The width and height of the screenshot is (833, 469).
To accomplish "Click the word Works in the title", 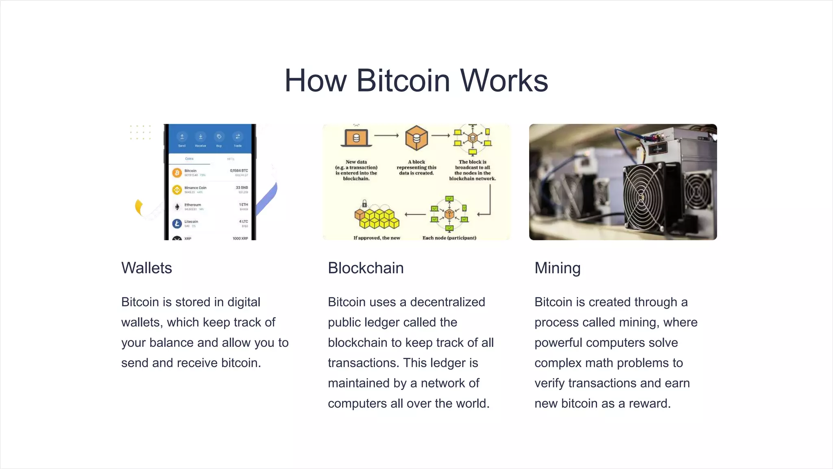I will point(504,81).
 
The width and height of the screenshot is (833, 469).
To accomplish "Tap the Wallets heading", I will point(146,268).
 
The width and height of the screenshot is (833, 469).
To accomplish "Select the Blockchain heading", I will point(366,268).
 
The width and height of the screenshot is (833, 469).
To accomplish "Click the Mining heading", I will point(557,268).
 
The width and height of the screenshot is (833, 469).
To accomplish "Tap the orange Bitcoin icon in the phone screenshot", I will point(177,173).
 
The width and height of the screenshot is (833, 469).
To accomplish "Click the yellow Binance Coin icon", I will point(177,190).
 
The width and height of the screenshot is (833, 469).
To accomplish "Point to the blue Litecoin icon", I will point(177,224).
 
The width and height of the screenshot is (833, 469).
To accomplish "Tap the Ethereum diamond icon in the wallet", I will point(177,207).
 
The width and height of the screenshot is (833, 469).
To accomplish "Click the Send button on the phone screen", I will point(182,137).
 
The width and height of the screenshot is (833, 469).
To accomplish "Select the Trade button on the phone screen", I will point(238,137).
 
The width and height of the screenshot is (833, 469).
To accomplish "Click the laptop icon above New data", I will point(356,138).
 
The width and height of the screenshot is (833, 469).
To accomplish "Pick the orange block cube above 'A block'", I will point(416,138).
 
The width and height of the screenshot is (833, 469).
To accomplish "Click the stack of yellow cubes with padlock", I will point(377,217).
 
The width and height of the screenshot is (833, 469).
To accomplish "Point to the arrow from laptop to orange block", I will point(386,136).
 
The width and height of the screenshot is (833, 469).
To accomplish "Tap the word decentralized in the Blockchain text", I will point(447,302).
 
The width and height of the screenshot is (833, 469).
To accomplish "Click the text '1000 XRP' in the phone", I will point(240,238).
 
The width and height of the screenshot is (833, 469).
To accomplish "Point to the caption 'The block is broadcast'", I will point(472,164).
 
